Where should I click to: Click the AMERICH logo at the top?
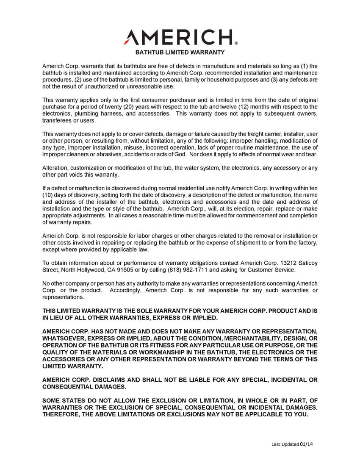[x=178, y=37]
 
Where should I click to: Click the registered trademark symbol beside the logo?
[x=236, y=43]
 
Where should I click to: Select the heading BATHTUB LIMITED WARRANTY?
[x=180, y=53]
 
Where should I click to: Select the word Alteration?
[x=55, y=168]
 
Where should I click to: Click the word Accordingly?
[x=125, y=290]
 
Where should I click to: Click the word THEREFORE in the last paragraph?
[x=60, y=414]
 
